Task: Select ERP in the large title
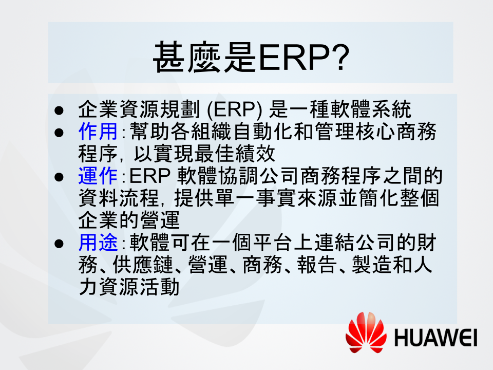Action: (294, 58)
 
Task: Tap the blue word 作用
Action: (98, 132)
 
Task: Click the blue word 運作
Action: (98, 176)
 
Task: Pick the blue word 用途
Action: (98, 243)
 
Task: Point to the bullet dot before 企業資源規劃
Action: (59, 110)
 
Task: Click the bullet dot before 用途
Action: (59, 244)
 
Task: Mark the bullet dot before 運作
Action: (59, 177)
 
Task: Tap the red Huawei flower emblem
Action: (366, 333)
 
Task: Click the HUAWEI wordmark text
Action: (436, 338)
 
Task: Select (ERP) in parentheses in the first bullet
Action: (235, 109)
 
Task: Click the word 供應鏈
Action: (143, 265)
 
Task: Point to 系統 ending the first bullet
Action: (391, 109)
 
